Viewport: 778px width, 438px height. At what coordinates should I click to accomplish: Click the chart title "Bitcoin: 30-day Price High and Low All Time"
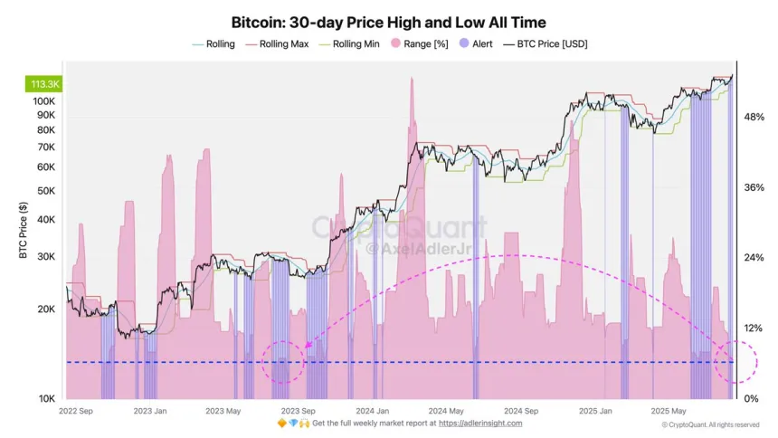[388, 21]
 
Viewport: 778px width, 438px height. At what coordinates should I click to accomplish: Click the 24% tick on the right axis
[754, 258]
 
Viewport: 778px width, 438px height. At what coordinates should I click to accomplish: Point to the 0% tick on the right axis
[750, 399]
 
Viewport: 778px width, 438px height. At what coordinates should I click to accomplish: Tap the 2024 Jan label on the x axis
[372, 410]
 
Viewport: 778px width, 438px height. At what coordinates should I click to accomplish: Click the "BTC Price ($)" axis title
[23, 231]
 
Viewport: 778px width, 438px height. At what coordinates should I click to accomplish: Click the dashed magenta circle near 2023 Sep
[283, 362]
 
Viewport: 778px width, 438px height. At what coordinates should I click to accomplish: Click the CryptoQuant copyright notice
[710, 424]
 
